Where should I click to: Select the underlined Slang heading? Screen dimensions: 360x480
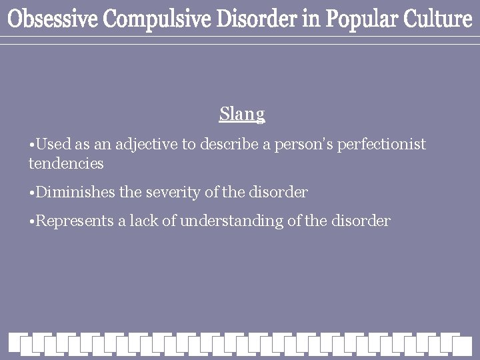(242, 115)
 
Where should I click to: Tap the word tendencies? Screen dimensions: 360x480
(66, 162)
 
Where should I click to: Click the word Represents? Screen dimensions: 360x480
(73, 221)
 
